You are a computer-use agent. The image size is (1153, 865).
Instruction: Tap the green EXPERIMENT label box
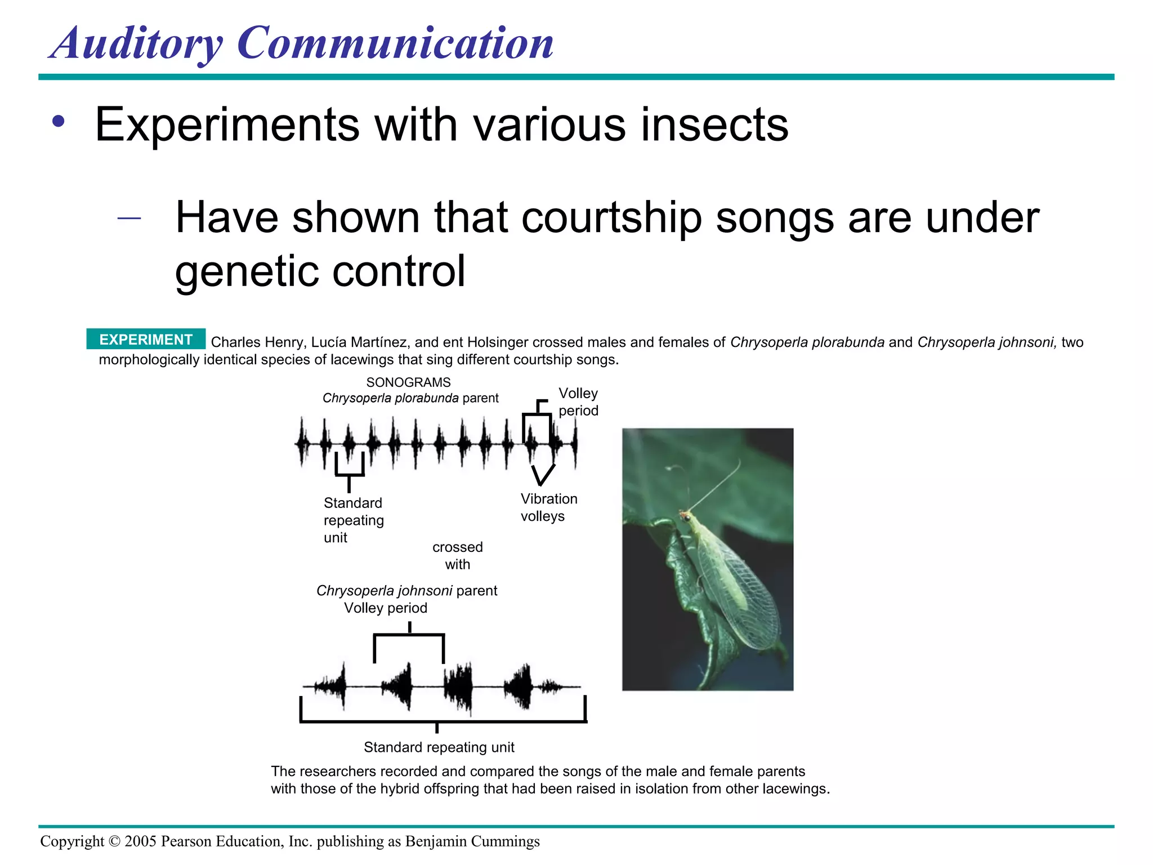coord(146,340)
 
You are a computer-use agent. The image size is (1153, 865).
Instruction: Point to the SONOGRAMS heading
coord(408,382)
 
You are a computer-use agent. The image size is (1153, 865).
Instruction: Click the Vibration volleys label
coord(548,507)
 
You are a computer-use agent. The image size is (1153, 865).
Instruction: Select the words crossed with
coord(457,555)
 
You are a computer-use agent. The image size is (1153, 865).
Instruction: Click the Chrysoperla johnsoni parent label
coord(406,591)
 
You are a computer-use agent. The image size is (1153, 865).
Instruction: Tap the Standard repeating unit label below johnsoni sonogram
coord(439,747)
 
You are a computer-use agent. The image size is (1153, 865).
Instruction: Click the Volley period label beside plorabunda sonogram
coord(578,402)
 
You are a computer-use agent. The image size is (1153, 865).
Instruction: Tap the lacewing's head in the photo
coord(685,515)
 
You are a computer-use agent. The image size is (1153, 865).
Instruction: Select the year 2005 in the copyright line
coord(140,841)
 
